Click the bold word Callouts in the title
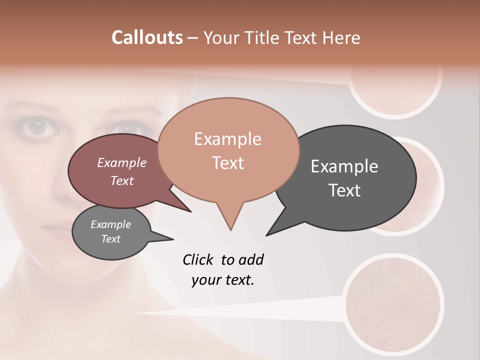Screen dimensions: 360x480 [x=147, y=37]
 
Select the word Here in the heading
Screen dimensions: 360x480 [x=341, y=38]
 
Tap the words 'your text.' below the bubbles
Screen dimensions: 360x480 [x=223, y=280]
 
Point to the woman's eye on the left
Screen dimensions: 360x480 [x=37, y=128]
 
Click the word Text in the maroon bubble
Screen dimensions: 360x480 [x=122, y=180]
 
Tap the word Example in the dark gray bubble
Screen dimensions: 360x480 [x=344, y=166]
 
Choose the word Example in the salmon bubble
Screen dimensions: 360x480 [x=227, y=139]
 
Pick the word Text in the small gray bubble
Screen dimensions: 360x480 [x=111, y=239]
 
